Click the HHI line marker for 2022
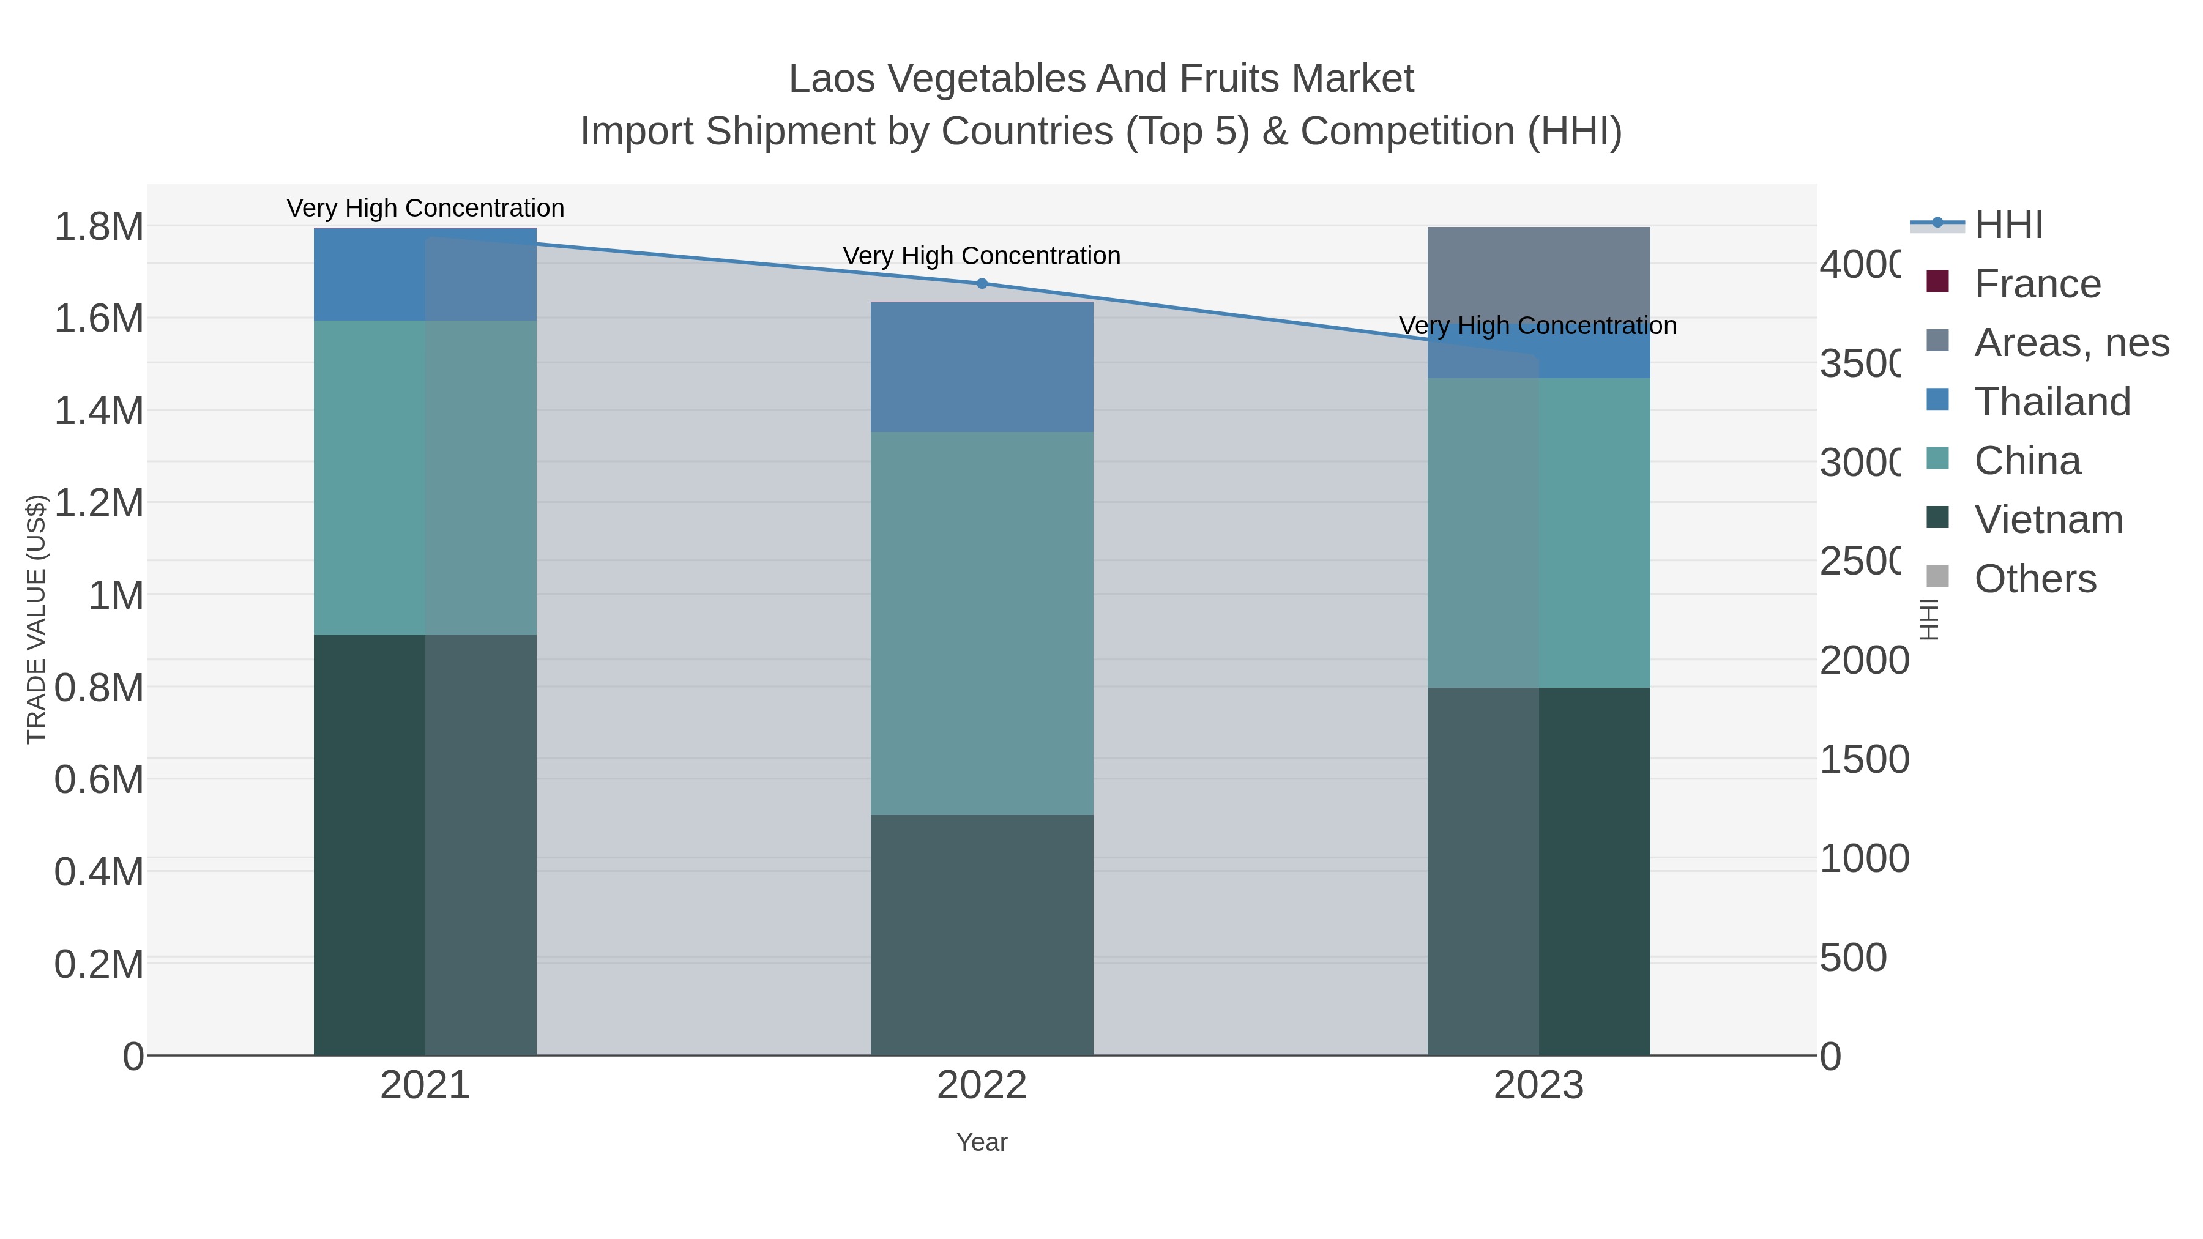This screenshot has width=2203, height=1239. pyautogui.click(x=982, y=284)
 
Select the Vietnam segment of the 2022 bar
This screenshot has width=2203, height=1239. pyautogui.click(x=982, y=934)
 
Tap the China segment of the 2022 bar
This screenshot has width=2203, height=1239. pyautogui.click(x=982, y=623)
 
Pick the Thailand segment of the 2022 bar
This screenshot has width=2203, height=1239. pyautogui.click(x=982, y=368)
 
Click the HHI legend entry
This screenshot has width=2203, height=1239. pyautogui.click(x=2007, y=225)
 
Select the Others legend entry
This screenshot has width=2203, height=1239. pyautogui.click(x=2035, y=579)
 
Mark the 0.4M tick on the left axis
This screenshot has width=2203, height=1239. pyautogui.click(x=99, y=872)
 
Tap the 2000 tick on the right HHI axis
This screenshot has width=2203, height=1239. pyautogui.click(x=1863, y=661)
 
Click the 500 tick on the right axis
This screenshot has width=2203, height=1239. pyautogui.click(x=1852, y=958)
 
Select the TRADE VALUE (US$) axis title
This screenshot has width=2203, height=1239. pyautogui.click(x=36, y=619)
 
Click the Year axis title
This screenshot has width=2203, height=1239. pyautogui.click(x=982, y=1142)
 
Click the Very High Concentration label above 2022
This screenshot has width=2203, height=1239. pyautogui.click(x=982, y=256)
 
